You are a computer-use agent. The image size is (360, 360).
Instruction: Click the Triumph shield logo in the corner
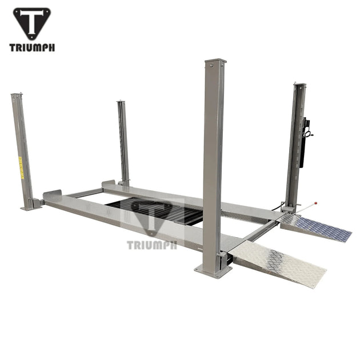pos(31,23)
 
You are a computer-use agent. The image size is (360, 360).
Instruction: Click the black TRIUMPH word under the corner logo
pos(31,47)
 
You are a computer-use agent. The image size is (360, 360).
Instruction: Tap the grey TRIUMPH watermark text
pos(151,245)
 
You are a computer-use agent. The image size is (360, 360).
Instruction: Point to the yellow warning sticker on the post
pos(21,167)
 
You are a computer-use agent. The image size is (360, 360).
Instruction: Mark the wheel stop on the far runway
pos(109,185)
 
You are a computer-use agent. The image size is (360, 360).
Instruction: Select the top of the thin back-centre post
pos(121,103)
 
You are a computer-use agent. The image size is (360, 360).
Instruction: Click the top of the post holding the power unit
pos(299,86)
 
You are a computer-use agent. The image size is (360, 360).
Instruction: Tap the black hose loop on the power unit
pos(309,134)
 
